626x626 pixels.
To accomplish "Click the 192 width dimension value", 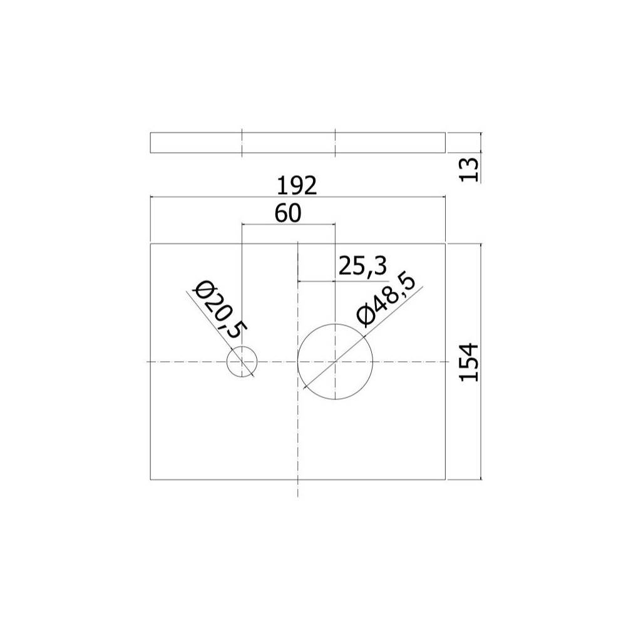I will (298, 186).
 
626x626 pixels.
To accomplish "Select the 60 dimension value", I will (288, 213).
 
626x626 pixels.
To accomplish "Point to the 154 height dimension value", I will (469, 362).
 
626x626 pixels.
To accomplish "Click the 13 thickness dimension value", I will (469, 169).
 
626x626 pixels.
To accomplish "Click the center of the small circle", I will (242, 362).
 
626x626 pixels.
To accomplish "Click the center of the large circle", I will (335, 362).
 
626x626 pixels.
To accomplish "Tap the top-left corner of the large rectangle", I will (151, 244).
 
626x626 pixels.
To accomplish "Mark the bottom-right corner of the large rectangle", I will (445, 480).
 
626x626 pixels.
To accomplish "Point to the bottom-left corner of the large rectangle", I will (151, 480).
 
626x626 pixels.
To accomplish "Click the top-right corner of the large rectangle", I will (445, 244).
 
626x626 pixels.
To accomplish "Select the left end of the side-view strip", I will (151, 143).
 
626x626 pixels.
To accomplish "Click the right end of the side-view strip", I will (445, 143).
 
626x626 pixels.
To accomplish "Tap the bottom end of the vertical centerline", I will (298, 498).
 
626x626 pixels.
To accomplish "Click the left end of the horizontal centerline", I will (145, 362).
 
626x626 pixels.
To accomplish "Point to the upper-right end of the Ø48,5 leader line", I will (424, 286).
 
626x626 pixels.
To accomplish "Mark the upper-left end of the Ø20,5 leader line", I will (187, 291).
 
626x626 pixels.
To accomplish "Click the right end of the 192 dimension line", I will (445, 197).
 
